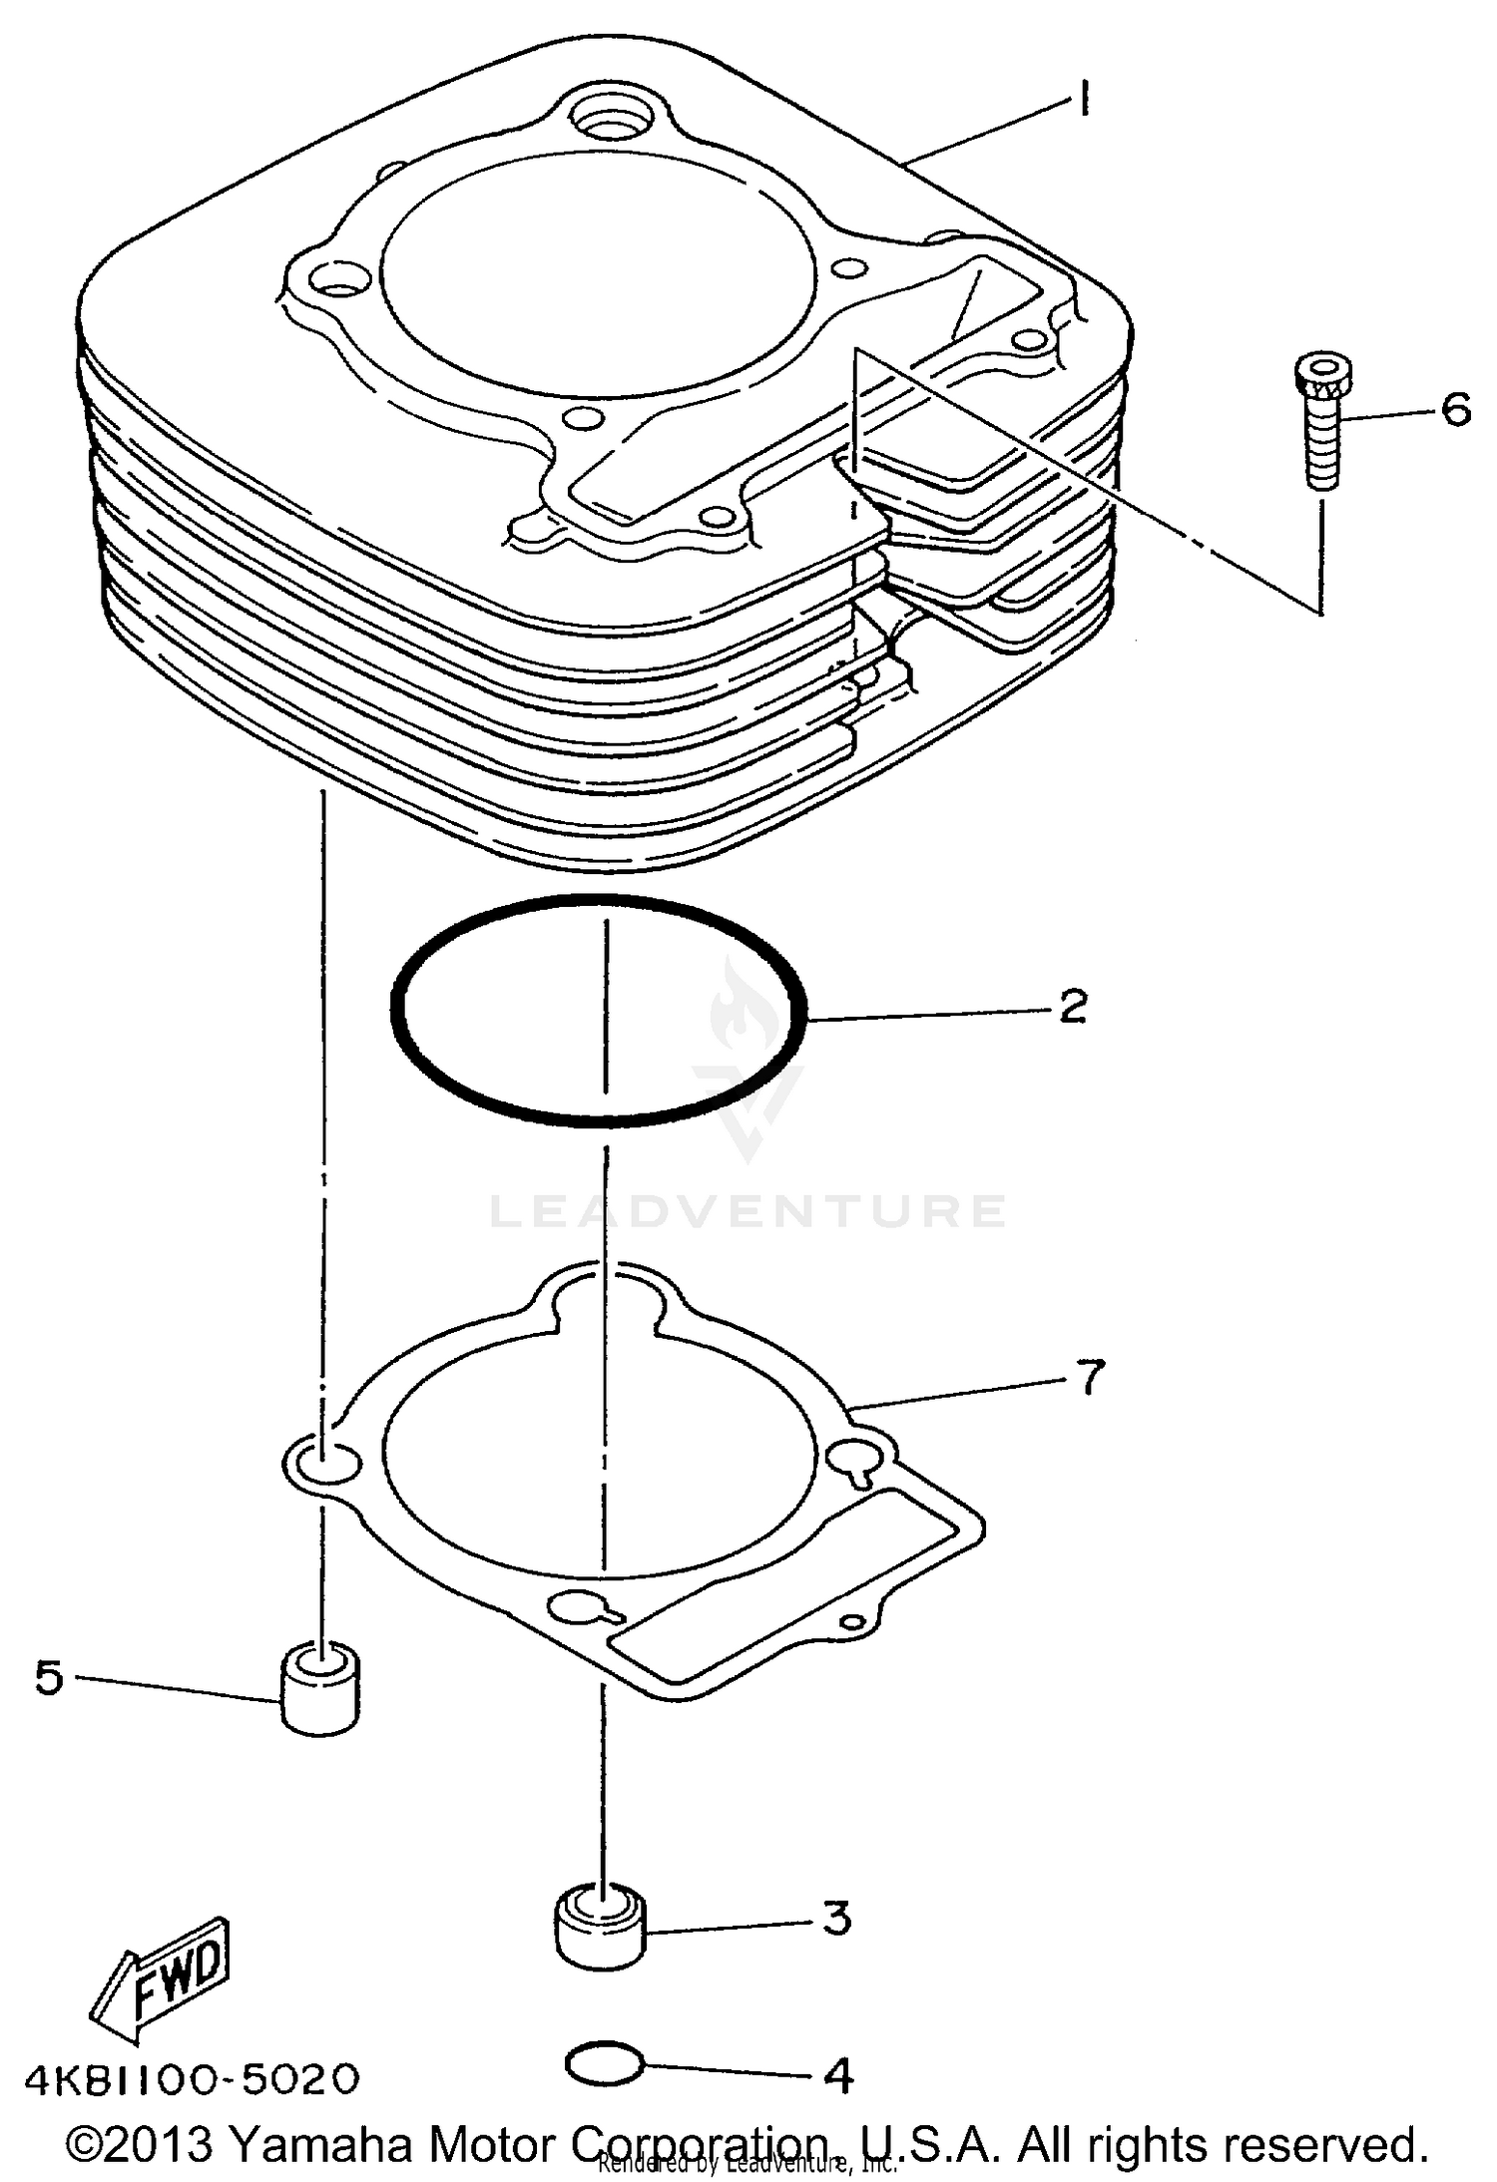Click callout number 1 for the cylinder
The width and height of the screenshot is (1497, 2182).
[1082, 100]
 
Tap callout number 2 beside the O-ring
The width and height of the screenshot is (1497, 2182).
[1073, 1007]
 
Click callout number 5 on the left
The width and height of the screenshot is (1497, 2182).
[48, 1677]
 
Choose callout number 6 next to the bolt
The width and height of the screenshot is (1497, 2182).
[1455, 410]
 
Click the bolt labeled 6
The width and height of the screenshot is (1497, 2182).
[1322, 419]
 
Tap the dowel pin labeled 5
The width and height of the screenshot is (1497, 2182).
[320, 1689]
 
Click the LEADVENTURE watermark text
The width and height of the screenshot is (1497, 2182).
[748, 1211]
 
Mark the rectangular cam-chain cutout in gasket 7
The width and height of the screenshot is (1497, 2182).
[788, 1586]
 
